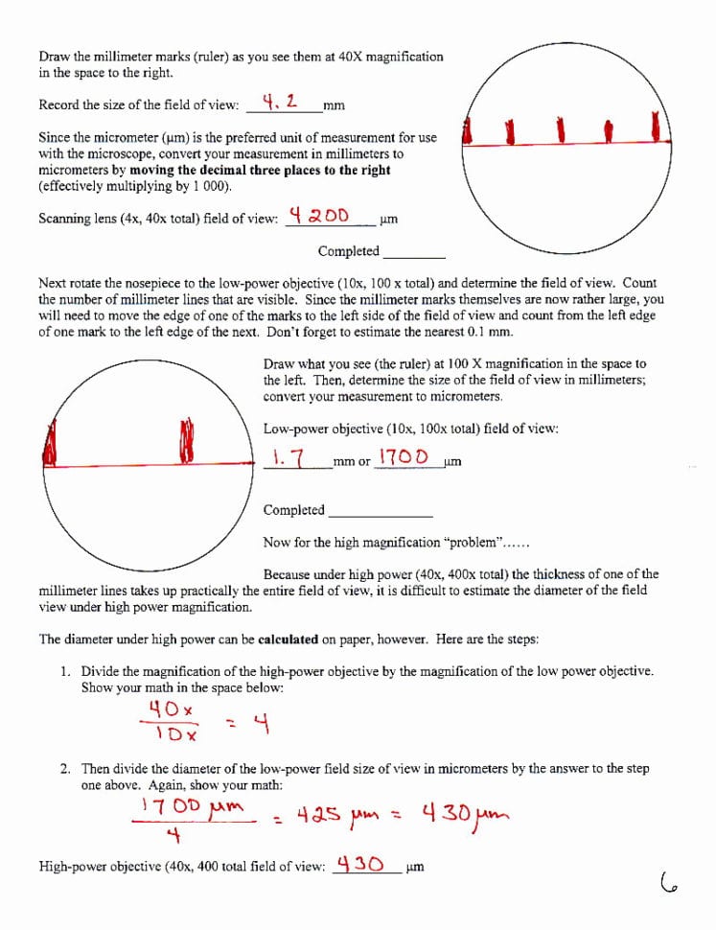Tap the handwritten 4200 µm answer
pos(320,215)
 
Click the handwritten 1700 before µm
pos(404,456)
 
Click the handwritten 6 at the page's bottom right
pos(668,882)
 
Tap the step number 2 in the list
pos(64,769)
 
